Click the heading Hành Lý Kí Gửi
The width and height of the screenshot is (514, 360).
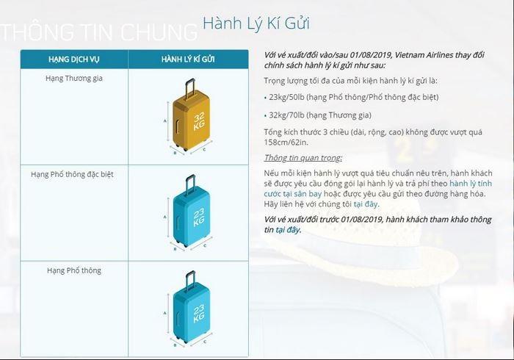256,24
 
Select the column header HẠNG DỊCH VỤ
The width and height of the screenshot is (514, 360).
73,60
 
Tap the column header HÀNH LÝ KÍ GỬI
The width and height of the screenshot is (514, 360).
188,60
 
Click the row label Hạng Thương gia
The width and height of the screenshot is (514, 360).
74,79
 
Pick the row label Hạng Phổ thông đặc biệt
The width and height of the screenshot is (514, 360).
72,174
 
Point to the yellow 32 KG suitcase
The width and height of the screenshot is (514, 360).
190,115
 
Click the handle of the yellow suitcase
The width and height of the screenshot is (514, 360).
189,88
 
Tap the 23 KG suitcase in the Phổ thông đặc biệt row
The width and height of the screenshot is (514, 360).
191,211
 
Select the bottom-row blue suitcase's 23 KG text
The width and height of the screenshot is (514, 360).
199,314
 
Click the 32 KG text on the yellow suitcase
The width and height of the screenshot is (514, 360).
199,121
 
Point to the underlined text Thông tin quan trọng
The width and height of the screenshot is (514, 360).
303,158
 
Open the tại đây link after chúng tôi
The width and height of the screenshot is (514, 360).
366,204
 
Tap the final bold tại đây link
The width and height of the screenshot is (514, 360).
288,230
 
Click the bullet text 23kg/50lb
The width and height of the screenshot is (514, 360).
286,98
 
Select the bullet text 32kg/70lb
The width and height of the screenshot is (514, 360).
286,115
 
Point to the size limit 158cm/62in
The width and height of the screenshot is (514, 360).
286,143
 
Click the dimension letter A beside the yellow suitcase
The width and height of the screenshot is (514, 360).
165,121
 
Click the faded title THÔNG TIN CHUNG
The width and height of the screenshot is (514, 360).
99,32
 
